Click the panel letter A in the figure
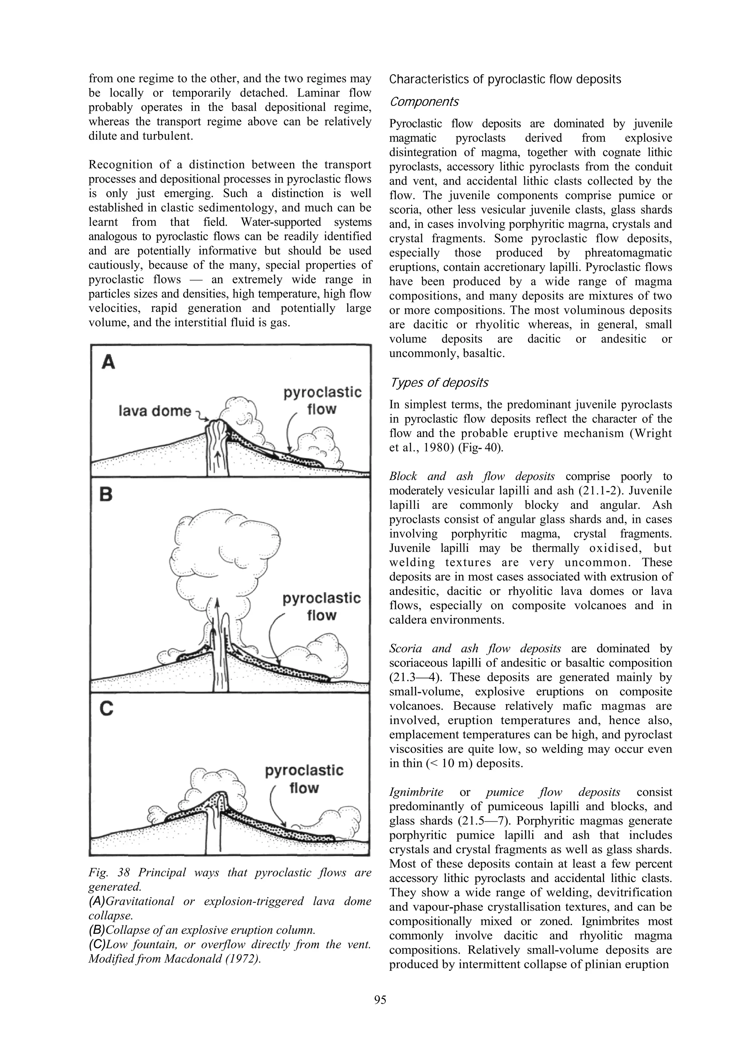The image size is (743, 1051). point(108,362)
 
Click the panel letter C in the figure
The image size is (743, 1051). point(106,709)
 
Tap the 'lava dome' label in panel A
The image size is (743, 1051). point(154,411)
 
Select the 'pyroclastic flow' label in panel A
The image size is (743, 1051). point(322,401)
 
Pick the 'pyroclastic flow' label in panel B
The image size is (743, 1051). point(321,607)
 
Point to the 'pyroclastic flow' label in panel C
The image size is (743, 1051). point(304,779)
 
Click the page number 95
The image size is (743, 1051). point(380,1000)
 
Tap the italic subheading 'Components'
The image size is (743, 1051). point(424,102)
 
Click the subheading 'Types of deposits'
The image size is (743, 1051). point(439,383)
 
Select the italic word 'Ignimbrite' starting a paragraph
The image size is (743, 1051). point(416,792)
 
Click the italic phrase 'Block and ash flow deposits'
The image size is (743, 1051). point(472,476)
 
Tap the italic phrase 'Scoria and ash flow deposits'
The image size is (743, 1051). point(475,648)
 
